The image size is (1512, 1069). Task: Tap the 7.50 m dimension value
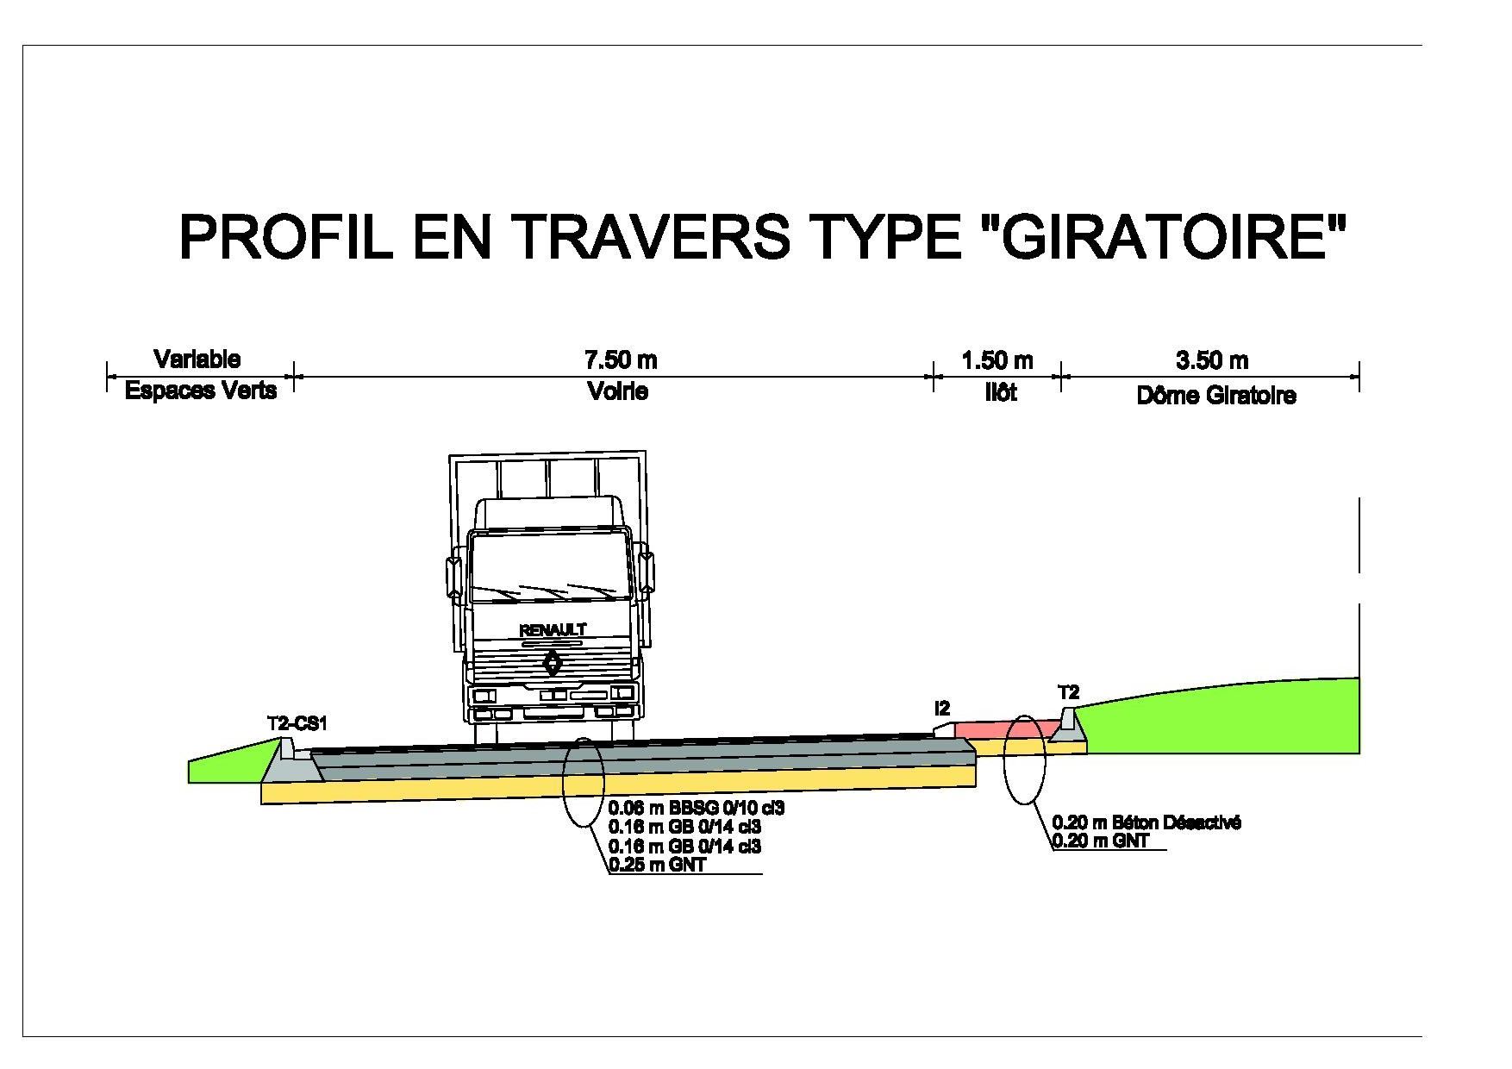[x=615, y=359]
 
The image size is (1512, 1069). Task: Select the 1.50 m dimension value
[x=997, y=359]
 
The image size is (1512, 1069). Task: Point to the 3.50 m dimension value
[x=1212, y=359]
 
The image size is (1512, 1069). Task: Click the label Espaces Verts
[x=201, y=391]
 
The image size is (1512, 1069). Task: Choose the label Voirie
[x=617, y=391]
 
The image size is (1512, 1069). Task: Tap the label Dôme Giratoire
[x=1216, y=396]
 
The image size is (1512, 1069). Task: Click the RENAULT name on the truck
[x=553, y=630]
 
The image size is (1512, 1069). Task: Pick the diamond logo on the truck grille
[x=553, y=664]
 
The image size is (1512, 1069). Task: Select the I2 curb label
[x=942, y=708]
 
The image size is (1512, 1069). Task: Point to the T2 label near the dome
[x=1068, y=692]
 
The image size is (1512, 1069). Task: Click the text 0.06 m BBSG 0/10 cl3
[x=697, y=809]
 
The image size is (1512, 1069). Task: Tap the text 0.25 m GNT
[x=657, y=865]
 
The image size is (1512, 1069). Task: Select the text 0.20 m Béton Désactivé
[x=1147, y=822]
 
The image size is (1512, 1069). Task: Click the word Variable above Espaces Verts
[x=197, y=359]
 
